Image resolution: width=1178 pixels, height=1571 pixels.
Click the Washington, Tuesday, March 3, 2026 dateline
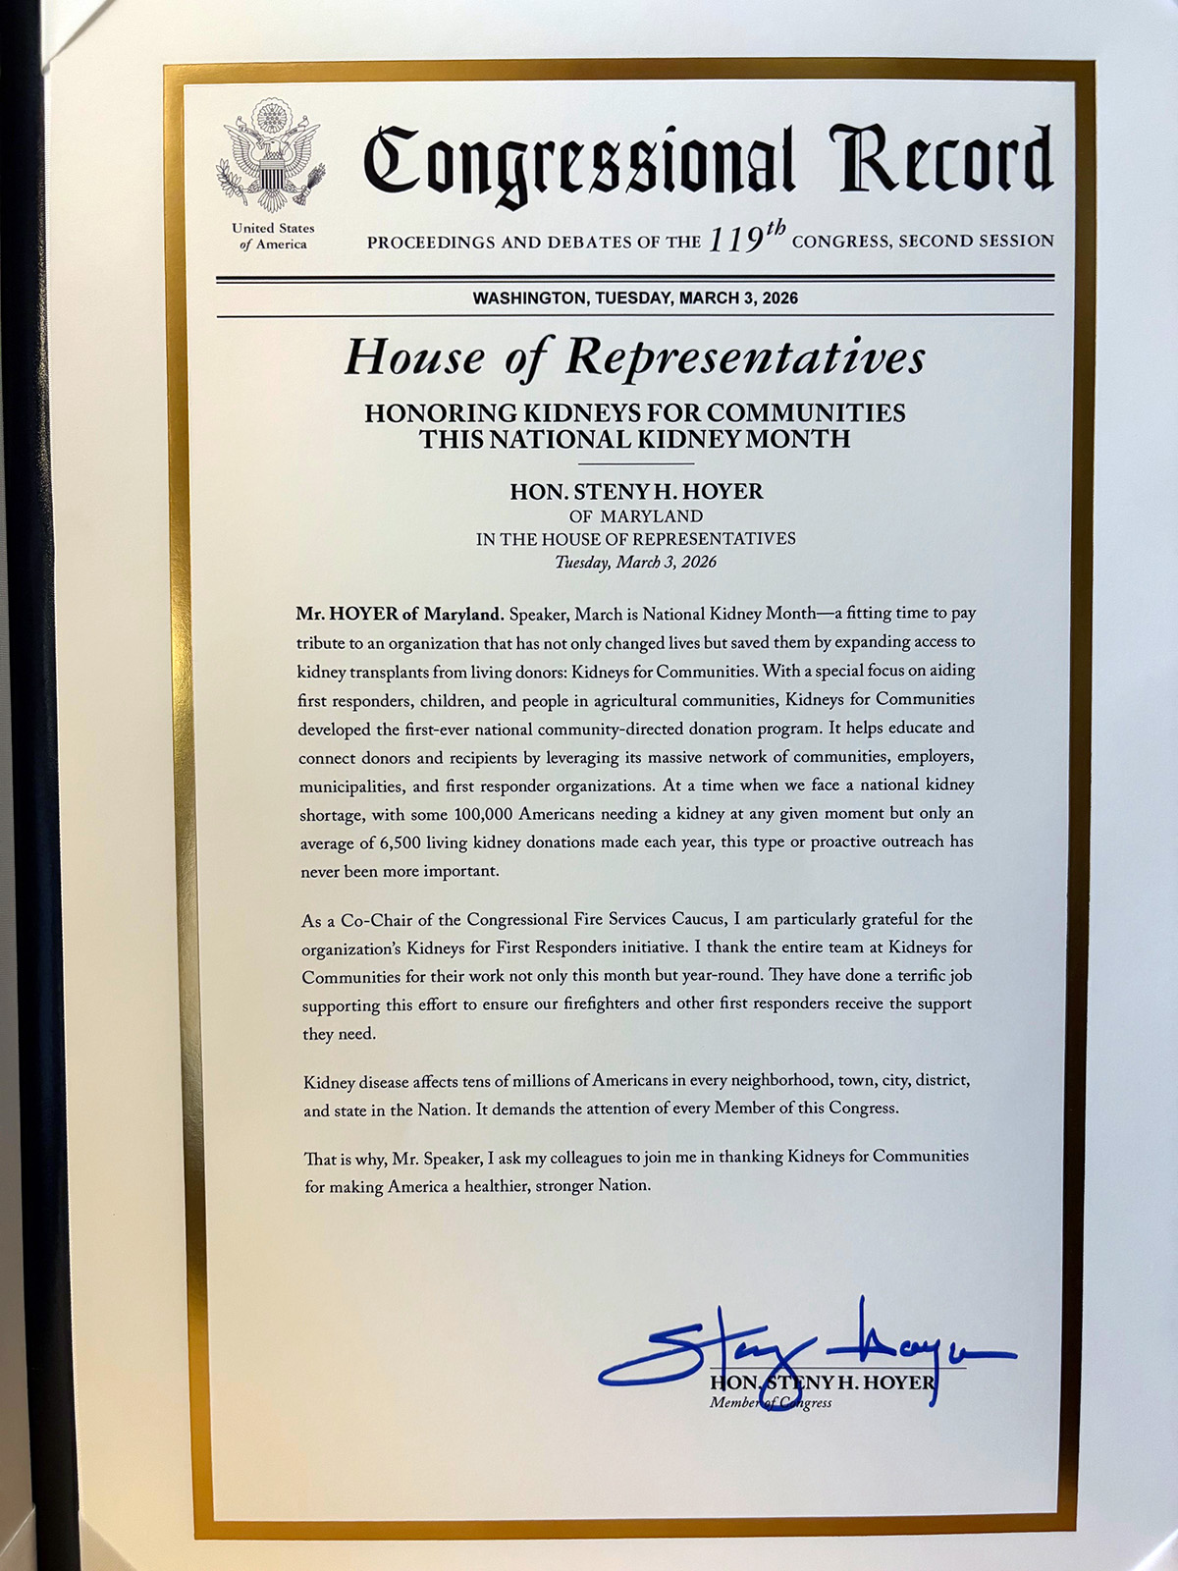click(x=635, y=298)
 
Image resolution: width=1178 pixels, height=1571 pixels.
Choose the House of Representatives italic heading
click(x=634, y=358)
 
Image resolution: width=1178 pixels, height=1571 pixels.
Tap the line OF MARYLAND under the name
click(x=636, y=516)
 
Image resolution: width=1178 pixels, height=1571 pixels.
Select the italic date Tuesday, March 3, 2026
click(x=635, y=563)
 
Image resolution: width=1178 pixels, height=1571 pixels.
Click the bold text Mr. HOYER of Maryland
click(x=400, y=615)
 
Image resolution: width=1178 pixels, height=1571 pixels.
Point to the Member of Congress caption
click(x=771, y=1403)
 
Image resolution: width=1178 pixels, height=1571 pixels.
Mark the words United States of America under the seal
click(x=273, y=237)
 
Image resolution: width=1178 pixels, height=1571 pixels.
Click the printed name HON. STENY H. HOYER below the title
click(x=636, y=492)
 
